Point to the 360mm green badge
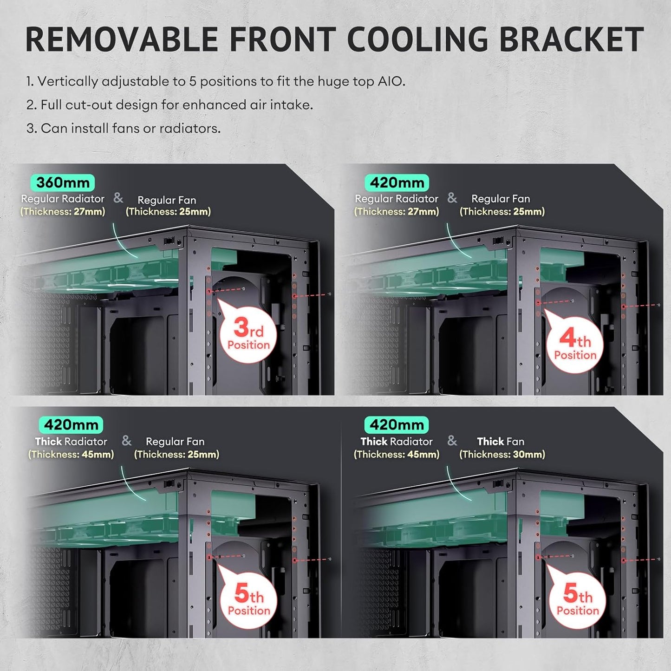63,182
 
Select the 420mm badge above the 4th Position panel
397,182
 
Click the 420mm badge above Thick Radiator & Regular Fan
71,425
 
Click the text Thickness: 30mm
502,455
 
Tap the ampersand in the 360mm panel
118,198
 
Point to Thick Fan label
501,442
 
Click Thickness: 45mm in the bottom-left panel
71,455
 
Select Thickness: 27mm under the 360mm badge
63,211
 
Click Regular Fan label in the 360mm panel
167,200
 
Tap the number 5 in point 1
193,81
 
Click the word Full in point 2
52,104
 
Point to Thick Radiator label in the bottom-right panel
397,442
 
